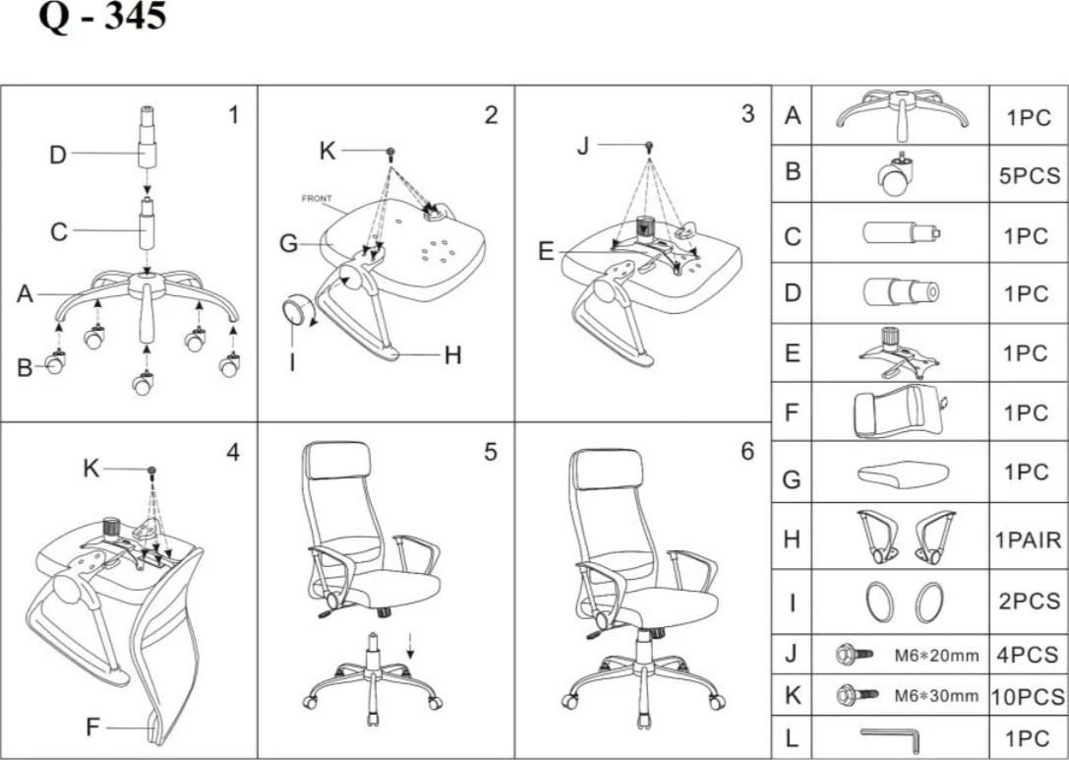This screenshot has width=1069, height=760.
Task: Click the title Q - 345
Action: click(102, 18)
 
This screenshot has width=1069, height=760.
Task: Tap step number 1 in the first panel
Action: click(233, 115)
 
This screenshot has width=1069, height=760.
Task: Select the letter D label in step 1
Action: click(58, 154)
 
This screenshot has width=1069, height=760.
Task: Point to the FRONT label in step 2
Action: click(316, 199)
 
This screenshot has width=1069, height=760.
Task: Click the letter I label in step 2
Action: click(292, 362)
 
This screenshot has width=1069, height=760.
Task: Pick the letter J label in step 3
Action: click(582, 146)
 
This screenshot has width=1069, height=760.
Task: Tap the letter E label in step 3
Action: click(547, 252)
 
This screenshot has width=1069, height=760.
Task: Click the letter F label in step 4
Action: click(93, 728)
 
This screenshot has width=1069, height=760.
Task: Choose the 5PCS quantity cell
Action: click(1028, 176)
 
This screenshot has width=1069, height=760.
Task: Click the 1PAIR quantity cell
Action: click(1028, 540)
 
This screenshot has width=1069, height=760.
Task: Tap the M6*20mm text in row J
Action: click(936, 654)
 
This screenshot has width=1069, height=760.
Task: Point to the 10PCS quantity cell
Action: click(1028, 696)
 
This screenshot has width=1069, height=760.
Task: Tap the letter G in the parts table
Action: click(792, 479)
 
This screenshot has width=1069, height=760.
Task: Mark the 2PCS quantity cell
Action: click(1028, 601)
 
